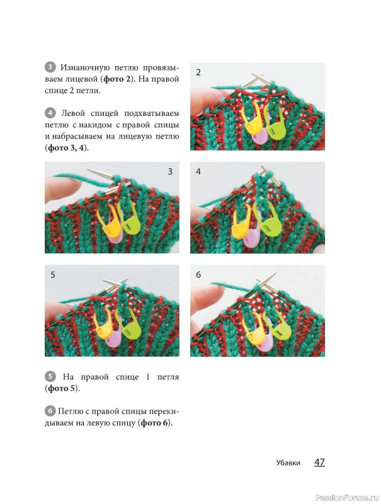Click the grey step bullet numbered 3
pyautogui.click(x=50, y=67)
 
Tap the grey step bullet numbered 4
pyautogui.click(x=50, y=113)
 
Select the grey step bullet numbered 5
pyautogui.click(x=50, y=377)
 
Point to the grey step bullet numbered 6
pyautogui.click(x=50, y=411)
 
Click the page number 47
pyautogui.click(x=319, y=462)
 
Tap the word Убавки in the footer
pyautogui.click(x=288, y=463)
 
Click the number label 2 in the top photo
pyautogui.click(x=198, y=72)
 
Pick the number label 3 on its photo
pyautogui.click(x=170, y=171)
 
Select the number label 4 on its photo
pyautogui.click(x=198, y=171)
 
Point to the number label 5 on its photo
pyautogui.click(x=53, y=275)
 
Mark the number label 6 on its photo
pyautogui.click(x=198, y=275)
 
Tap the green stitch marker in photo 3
pyautogui.click(x=130, y=219)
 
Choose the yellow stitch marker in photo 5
pyautogui.click(x=103, y=324)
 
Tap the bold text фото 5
pyautogui.click(x=62, y=388)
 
